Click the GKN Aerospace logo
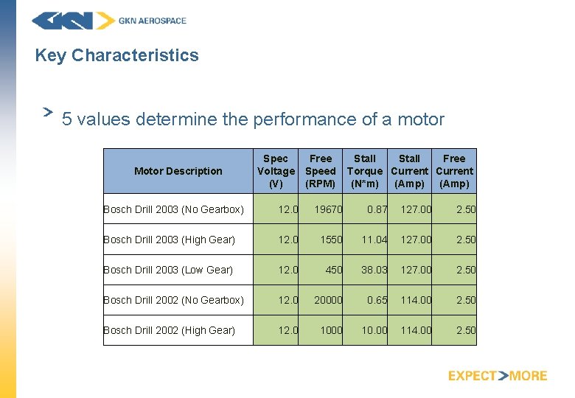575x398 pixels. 109,21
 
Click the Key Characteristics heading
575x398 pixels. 116,55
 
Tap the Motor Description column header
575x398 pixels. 178,171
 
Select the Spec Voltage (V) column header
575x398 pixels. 276,171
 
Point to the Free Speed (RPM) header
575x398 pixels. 321,171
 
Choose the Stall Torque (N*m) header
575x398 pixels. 365,171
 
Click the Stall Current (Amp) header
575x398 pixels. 410,171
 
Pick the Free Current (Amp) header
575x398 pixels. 454,171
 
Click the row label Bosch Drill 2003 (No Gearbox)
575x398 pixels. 173,209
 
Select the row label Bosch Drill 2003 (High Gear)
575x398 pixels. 169,240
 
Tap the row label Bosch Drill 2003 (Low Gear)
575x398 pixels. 168,270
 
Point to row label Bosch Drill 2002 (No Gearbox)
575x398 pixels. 173,300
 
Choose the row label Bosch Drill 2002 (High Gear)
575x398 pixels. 169,330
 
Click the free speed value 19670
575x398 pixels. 328,209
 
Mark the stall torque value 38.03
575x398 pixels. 374,270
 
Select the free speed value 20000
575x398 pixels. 328,300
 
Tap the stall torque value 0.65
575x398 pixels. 377,300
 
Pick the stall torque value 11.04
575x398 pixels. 374,240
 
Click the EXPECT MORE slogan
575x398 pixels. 498,376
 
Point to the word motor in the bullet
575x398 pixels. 421,119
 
